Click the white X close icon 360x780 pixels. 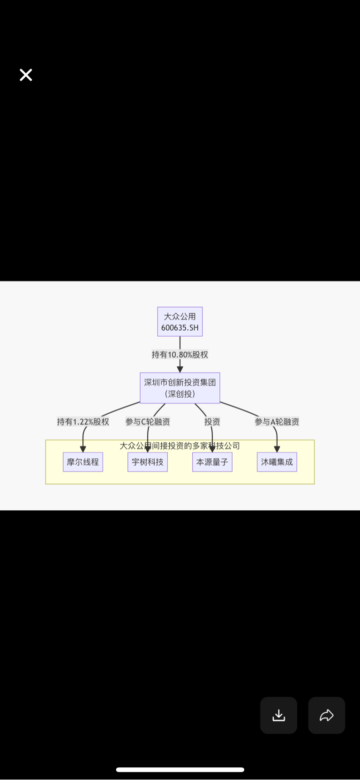tap(26, 75)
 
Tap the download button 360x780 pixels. tap(278, 715)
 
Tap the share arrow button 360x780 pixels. tap(326, 715)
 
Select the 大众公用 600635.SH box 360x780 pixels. tap(180, 322)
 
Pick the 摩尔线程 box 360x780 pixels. tap(83, 462)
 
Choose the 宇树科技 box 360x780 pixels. tap(148, 462)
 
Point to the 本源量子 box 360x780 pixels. tap(212, 462)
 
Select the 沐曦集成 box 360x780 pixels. tap(277, 462)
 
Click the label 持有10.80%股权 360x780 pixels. tap(180, 355)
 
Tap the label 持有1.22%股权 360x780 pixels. tap(83, 422)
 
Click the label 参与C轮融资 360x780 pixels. tap(148, 422)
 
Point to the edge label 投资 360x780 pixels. tap(212, 422)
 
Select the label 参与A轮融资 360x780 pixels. tap(277, 422)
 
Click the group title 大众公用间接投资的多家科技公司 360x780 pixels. tap(180, 446)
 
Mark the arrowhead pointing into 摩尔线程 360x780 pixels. tap(83, 449)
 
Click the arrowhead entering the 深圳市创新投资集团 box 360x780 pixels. tap(180, 369)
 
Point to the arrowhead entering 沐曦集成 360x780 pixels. tap(277, 449)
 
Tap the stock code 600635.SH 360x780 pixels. tap(180, 327)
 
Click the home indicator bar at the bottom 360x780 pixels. tap(180, 770)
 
